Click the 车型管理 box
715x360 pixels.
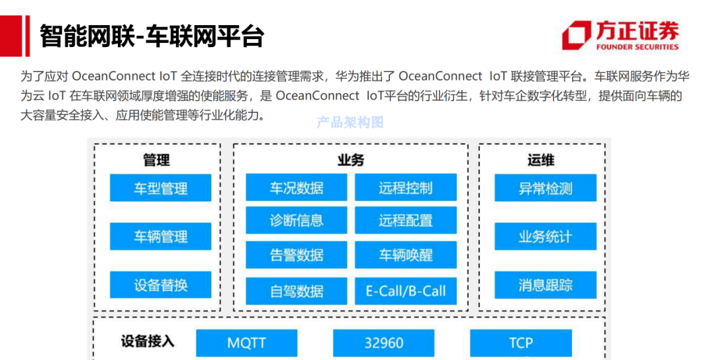[x=160, y=188]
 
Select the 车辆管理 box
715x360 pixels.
[x=160, y=237]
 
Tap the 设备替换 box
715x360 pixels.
[x=160, y=285]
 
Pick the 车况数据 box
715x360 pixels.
[x=296, y=188]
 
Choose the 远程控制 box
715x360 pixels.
[x=405, y=188]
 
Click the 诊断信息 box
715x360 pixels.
[x=296, y=221]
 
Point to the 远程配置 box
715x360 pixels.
[x=405, y=221]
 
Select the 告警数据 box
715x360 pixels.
[x=296, y=255]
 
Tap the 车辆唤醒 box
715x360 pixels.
[x=405, y=255]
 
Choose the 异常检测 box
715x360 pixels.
[x=545, y=188]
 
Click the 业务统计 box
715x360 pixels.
[x=545, y=237]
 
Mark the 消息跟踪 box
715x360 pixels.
[x=545, y=285]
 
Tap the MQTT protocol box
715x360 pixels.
[x=246, y=343]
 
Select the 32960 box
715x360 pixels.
[x=384, y=343]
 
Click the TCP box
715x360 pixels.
[x=521, y=343]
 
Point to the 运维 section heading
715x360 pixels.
[x=541, y=160]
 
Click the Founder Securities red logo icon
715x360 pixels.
[x=576, y=35]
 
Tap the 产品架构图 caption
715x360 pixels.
[x=350, y=122]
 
